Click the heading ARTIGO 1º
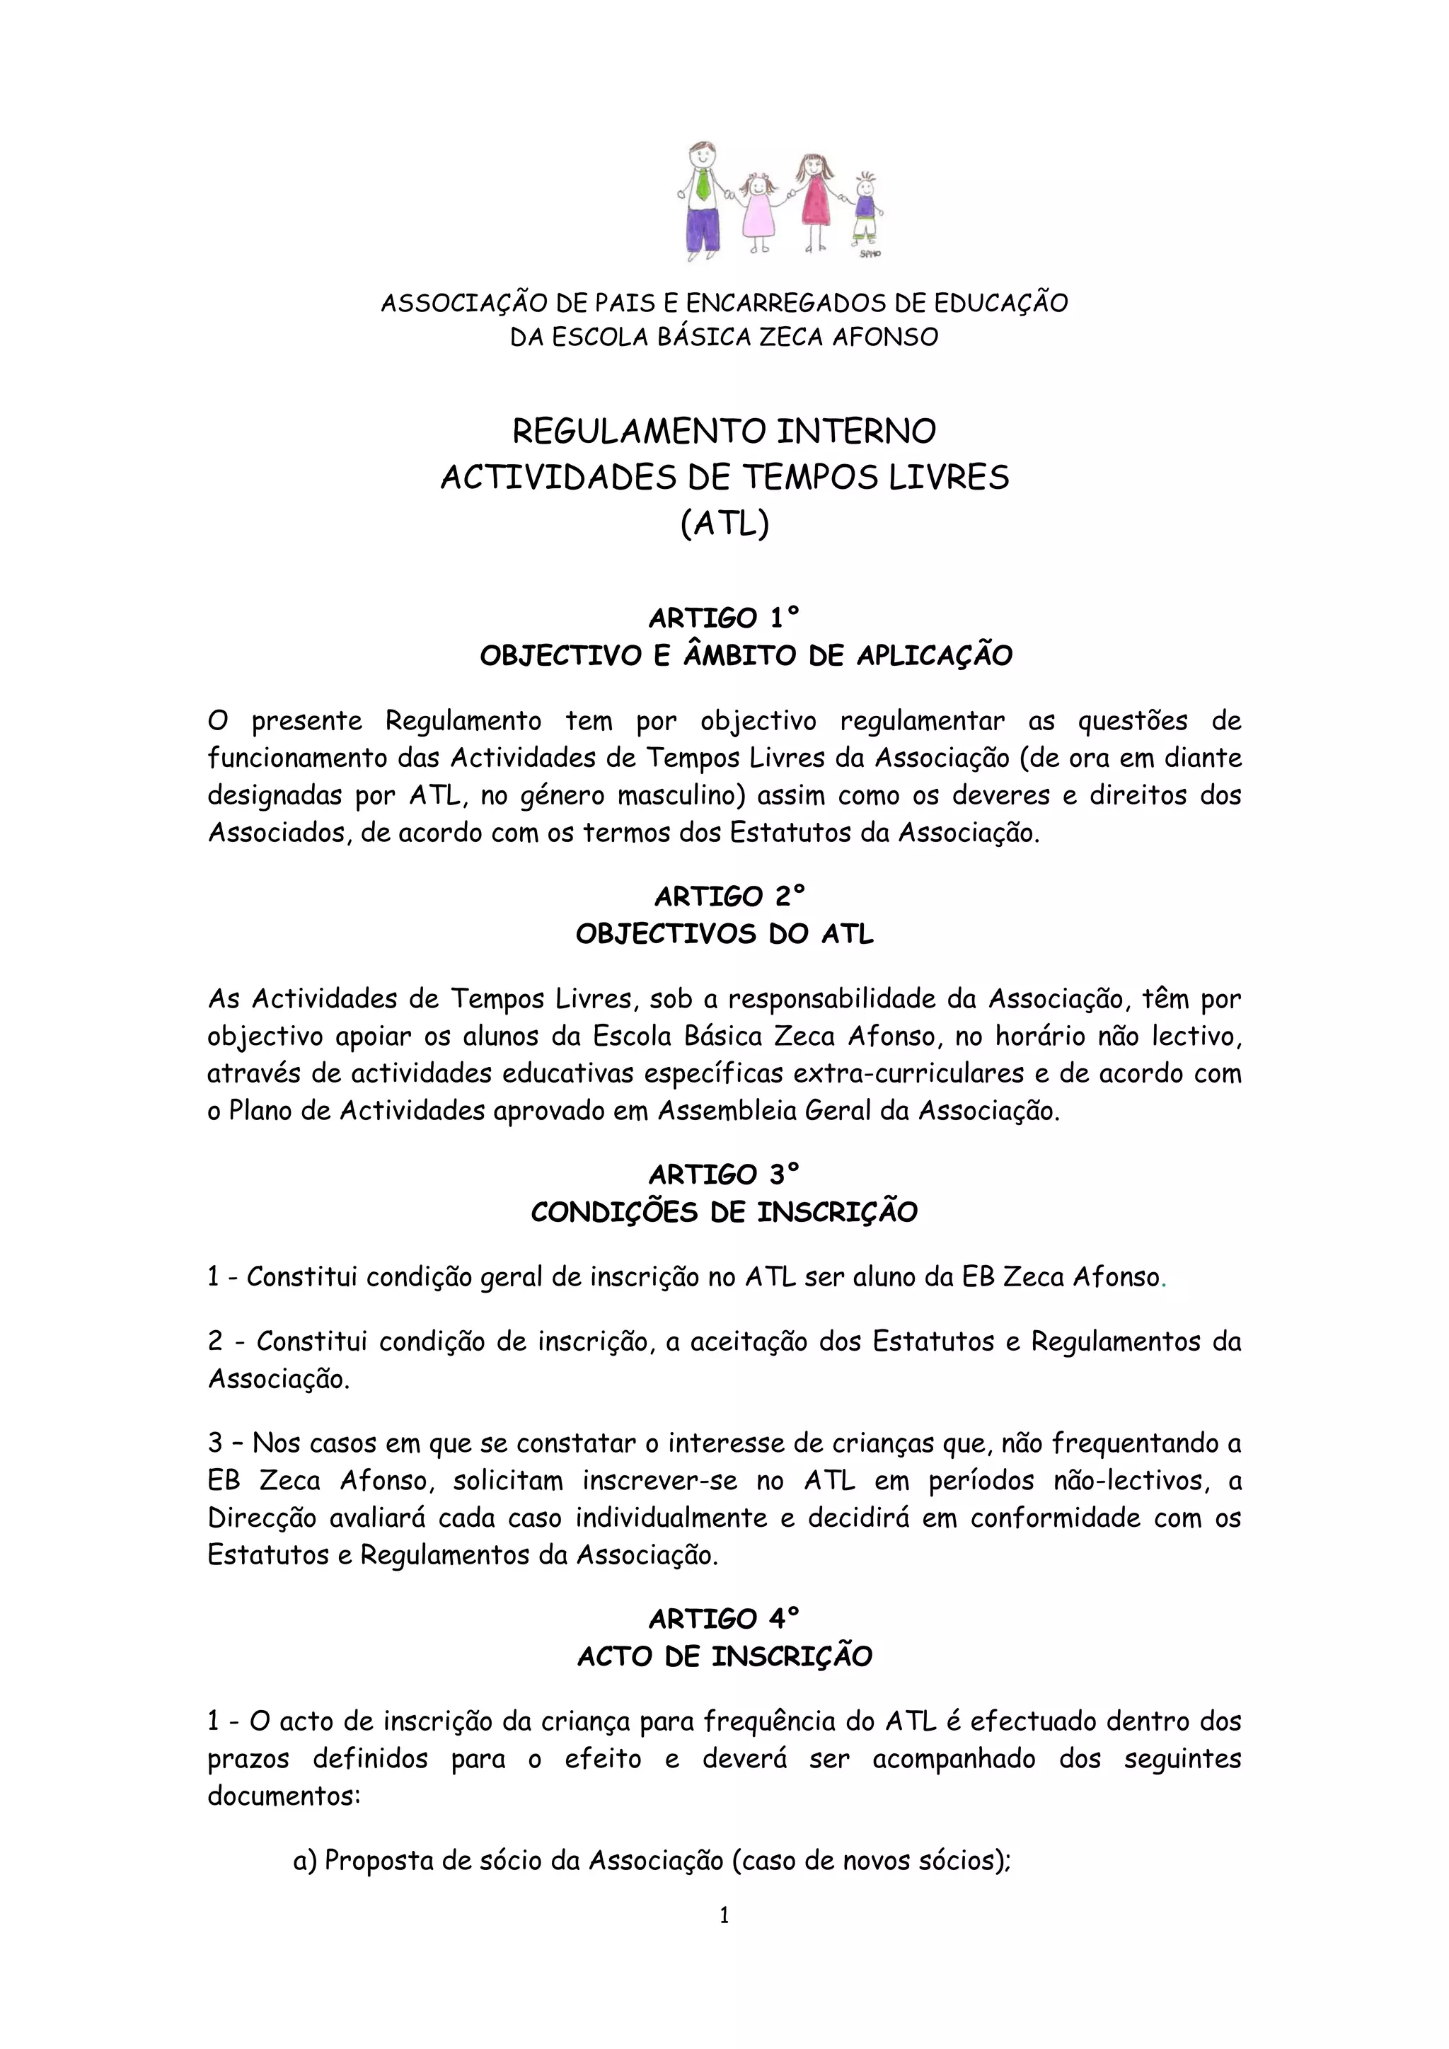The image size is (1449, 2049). point(724,618)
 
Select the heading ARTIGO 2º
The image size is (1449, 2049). point(724,895)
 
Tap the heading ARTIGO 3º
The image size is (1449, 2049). point(724,1174)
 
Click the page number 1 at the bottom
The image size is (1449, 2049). point(724,1915)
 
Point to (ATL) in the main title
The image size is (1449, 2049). point(724,524)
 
